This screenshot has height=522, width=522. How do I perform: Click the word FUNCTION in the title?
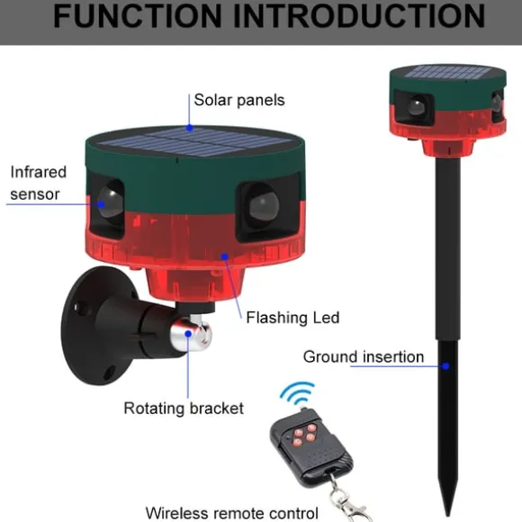point(137,15)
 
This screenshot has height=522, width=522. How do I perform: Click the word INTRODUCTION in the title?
point(359,15)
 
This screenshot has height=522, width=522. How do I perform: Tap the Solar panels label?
point(239,100)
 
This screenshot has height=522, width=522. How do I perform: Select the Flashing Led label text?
point(292,318)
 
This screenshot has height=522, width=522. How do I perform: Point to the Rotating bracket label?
point(184,408)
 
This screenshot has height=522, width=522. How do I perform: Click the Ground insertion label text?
point(364,356)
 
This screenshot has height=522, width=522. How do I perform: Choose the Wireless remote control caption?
point(232,513)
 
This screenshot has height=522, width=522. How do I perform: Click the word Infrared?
point(39,172)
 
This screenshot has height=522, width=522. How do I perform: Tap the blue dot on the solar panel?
point(189,128)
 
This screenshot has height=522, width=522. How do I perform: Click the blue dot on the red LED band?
point(225,256)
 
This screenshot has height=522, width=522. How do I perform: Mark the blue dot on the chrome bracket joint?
point(188,333)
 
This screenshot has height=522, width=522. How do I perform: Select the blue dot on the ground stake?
point(445,366)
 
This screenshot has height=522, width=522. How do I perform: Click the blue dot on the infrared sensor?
point(101,204)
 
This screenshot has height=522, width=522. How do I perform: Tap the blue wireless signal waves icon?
point(298,394)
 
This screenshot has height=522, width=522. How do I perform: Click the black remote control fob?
point(310,447)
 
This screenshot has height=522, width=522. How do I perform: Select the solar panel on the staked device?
point(448,72)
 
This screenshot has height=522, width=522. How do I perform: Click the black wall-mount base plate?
point(87,325)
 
